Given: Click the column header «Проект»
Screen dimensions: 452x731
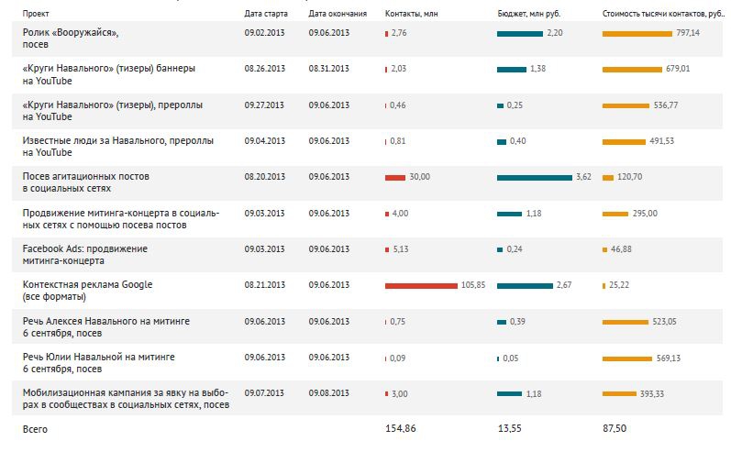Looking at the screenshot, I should tap(37, 15).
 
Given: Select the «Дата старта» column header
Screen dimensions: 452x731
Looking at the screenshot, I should tap(266, 15).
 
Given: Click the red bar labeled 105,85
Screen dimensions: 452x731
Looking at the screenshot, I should tap(421, 285).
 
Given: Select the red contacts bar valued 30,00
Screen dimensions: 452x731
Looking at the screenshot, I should tap(395, 177).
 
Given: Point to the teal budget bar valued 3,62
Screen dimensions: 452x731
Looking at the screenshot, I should tap(534, 177).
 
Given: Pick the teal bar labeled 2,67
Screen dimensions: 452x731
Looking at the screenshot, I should tap(525, 285).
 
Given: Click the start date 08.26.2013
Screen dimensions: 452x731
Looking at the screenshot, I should tap(265, 68).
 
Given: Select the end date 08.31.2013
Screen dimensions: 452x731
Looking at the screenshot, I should tap(329, 68).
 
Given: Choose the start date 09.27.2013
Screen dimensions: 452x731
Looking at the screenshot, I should tap(265, 105).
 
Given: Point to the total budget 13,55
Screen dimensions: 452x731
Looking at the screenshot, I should tap(509, 429).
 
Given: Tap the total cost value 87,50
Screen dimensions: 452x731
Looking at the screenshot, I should tap(616, 429).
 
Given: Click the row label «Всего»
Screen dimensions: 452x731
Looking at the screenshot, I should tap(35, 429).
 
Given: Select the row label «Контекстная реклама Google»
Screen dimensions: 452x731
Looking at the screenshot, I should tap(87, 285).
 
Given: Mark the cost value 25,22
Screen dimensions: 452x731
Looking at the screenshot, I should tap(621, 285).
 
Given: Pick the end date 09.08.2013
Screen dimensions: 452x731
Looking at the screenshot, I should tap(329, 393).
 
